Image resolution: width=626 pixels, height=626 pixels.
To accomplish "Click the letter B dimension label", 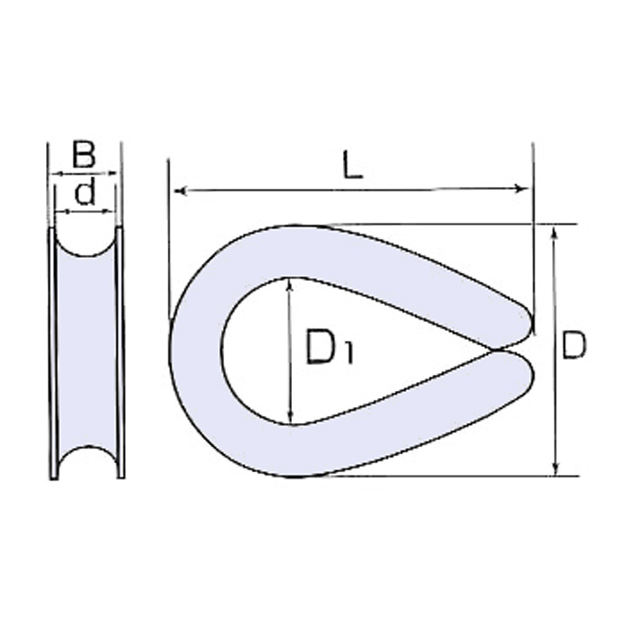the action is tap(84, 155).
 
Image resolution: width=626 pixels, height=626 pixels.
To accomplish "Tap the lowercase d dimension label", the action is tap(85, 192).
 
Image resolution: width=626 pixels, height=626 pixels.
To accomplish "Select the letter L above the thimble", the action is tap(353, 164).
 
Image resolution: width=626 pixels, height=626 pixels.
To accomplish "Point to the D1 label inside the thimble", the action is tap(329, 346).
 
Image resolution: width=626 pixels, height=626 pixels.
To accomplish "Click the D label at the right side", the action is tap(574, 344).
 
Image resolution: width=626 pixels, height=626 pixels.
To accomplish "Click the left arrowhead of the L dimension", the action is tap(180, 191).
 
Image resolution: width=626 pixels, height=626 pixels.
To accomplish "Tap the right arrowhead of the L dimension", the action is tap(522, 188).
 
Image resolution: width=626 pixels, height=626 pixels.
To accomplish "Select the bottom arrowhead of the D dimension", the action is tap(555, 469).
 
